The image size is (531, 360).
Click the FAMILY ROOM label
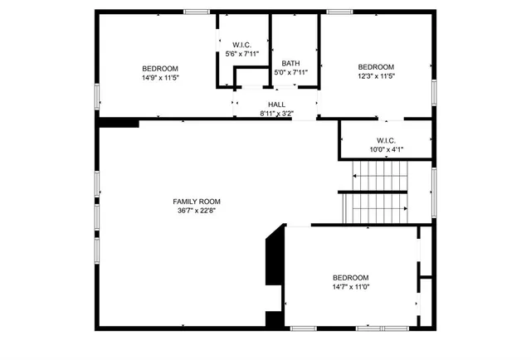[x=197, y=202]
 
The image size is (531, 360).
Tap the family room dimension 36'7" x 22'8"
[x=197, y=211]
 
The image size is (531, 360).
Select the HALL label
[x=276, y=104]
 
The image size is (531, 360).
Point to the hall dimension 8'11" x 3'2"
[x=276, y=113]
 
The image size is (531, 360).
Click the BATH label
[x=290, y=63]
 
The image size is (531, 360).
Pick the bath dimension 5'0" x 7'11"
[x=290, y=72]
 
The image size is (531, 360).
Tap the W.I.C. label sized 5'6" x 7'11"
[x=241, y=45]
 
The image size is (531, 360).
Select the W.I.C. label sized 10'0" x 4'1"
[x=386, y=140]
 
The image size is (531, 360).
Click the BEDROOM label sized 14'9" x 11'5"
[x=159, y=68]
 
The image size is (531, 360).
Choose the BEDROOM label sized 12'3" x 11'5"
[x=376, y=67]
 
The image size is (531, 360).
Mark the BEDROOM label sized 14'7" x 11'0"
[x=351, y=278]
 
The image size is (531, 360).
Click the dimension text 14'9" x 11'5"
[x=159, y=77]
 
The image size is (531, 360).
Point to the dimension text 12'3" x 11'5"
[x=376, y=76]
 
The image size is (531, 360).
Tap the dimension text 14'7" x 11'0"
[x=351, y=287]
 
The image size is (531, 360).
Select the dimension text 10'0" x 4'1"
[x=386, y=149]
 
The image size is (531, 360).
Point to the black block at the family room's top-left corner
[x=118, y=123]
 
